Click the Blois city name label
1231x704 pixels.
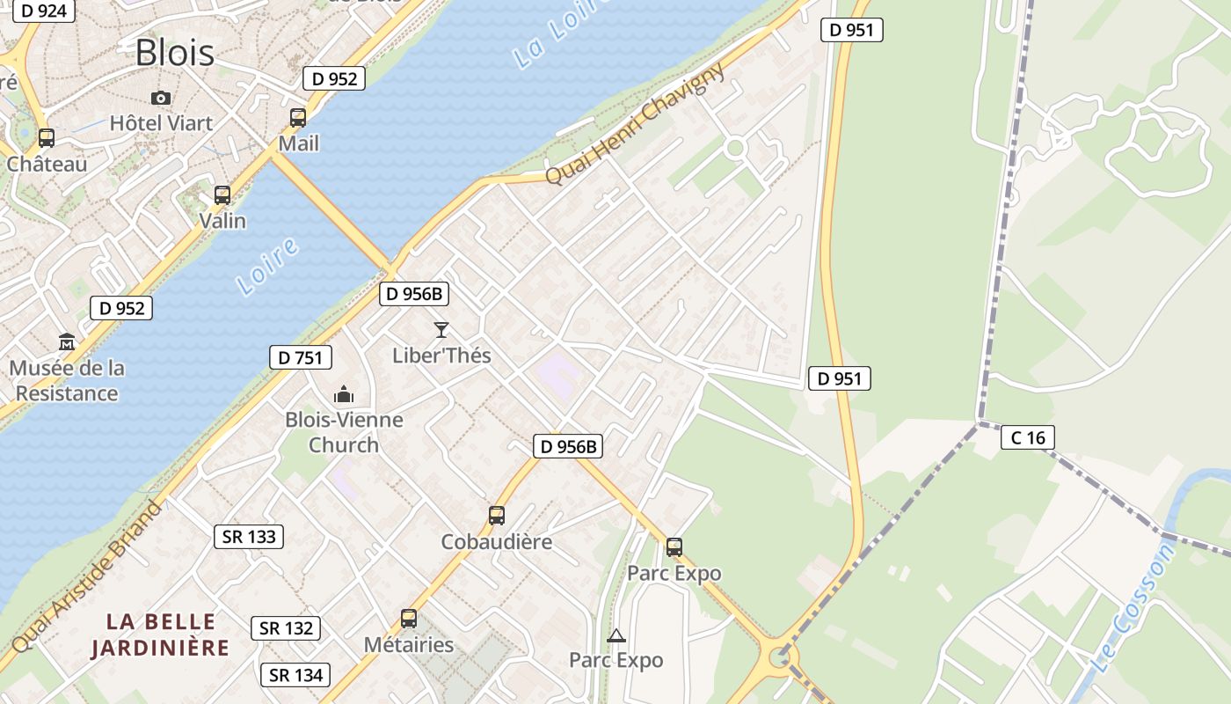click(174, 53)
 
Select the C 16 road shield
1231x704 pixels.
click(1027, 437)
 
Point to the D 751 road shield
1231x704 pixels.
click(301, 357)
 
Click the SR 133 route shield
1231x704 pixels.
click(249, 537)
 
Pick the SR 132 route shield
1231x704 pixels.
click(286, 628)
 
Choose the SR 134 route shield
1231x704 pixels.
click(295, 675)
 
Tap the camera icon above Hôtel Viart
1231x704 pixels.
click(161, 98)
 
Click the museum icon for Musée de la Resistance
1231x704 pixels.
click(67, 341)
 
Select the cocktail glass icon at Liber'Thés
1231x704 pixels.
click(441, 330)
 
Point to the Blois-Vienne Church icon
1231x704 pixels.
click(344, 394)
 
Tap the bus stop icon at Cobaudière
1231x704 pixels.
click(497, 516)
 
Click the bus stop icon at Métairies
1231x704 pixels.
click(409, 619)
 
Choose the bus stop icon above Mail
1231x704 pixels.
click(298, 117)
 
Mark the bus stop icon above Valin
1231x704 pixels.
click(222, 194)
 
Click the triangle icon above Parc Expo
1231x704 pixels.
click(616, 635)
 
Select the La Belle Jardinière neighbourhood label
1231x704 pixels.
click(160, 635)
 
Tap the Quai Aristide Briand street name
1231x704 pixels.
click(88, 577)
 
